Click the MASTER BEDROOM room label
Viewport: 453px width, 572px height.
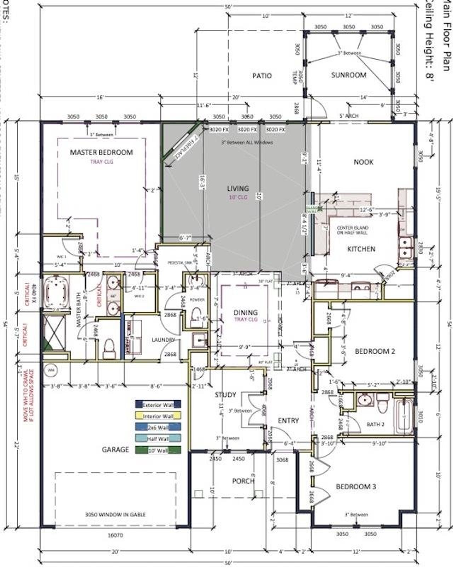101,152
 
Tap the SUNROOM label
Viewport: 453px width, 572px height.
349,75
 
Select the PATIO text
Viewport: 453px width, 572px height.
262,75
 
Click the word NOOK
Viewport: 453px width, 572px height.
363,162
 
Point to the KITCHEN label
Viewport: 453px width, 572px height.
361,249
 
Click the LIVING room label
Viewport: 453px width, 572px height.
238,189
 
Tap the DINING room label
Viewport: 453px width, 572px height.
246,313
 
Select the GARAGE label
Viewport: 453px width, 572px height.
115,450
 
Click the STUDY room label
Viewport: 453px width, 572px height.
225,395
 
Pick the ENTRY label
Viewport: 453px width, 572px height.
288,421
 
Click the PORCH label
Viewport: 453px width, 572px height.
243,481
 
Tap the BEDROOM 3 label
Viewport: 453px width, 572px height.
356,487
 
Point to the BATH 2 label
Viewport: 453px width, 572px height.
375,424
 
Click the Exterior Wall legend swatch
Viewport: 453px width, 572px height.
158,405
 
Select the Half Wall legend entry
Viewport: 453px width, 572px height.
158,439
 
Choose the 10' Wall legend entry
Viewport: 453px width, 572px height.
158,450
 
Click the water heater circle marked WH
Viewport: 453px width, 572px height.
51,371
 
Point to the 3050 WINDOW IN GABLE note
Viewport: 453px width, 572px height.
115,514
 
